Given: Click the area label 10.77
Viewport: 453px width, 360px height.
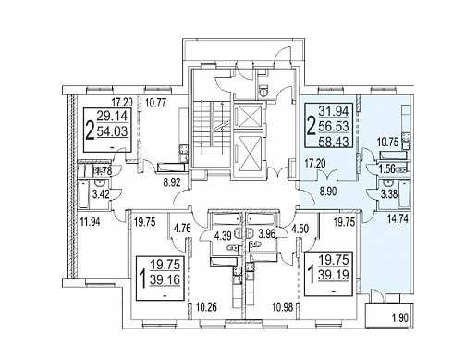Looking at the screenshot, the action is pos(156,102).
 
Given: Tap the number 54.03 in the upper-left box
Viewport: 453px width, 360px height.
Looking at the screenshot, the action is pos(112,131).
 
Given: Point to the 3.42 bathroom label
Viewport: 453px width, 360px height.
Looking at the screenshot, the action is pos(101,195).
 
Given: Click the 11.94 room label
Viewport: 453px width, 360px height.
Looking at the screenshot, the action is pos(90,221).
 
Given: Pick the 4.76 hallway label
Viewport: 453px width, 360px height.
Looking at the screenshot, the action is pos(182,229).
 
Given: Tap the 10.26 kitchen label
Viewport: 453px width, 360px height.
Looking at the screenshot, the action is pos(206,307).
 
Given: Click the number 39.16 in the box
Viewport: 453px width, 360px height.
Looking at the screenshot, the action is pos(165,279).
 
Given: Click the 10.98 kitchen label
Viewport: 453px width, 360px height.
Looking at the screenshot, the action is pos(283,307).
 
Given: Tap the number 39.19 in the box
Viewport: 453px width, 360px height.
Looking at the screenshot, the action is pos(334,275).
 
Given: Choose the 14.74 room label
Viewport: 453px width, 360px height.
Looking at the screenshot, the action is pos(398,218).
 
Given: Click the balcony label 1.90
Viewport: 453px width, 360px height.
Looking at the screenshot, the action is pos(399,318).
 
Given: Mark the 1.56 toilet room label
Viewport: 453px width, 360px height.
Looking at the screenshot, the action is pos(387,169).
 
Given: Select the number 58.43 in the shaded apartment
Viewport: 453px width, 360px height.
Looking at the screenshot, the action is pos(334,142).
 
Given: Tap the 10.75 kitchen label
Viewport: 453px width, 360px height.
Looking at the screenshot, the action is pos(388,143).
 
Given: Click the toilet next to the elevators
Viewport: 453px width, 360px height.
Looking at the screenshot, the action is pos(263,91).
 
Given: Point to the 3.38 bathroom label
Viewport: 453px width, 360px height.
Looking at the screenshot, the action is pos(388,194).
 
